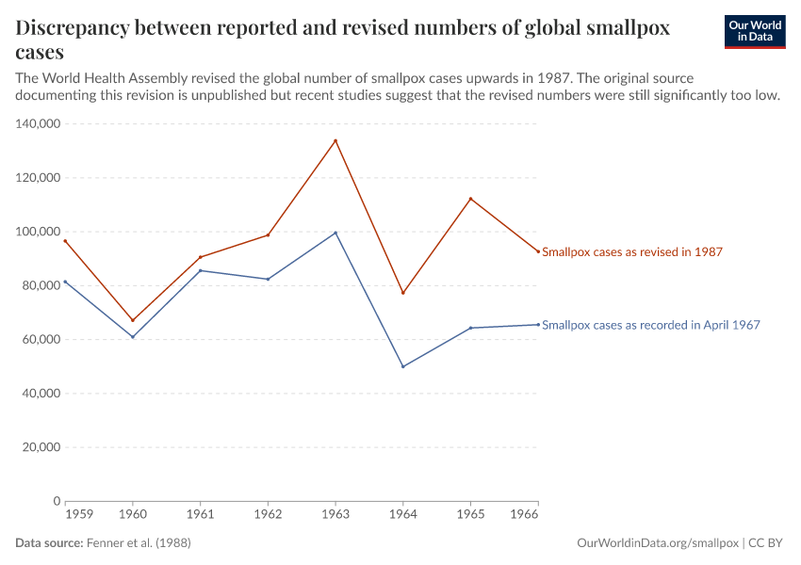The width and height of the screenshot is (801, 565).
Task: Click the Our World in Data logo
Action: [754, 31]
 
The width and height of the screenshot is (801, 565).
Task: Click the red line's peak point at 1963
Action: [335, 141]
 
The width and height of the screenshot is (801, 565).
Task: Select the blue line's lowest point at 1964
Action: [403, 366]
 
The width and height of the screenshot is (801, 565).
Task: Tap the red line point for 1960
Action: [133, 320]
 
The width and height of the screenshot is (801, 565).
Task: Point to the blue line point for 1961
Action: [201, 270]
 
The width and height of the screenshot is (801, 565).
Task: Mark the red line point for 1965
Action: [470, 199]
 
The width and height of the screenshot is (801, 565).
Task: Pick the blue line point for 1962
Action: [268, 279]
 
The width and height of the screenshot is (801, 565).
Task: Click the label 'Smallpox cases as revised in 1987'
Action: [631, 252]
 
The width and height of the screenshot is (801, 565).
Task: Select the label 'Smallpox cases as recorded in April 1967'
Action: [650, 325]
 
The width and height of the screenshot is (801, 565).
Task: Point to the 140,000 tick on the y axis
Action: [39, 123]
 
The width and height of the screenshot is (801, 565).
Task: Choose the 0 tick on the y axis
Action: [57, 501]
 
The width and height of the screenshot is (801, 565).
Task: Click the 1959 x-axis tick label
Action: [78, 515]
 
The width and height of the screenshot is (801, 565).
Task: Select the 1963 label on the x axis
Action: [335, 515]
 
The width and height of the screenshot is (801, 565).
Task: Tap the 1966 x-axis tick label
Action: [525, 515]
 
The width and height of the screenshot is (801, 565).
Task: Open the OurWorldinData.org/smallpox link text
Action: [657, 543]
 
